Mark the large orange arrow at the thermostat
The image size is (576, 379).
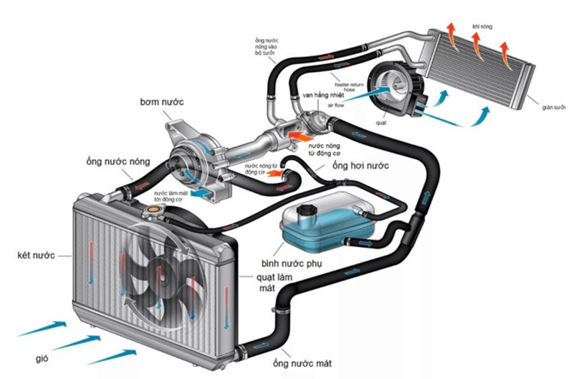[x=300, y=133]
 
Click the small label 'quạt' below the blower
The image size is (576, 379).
[x=381, y=121]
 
